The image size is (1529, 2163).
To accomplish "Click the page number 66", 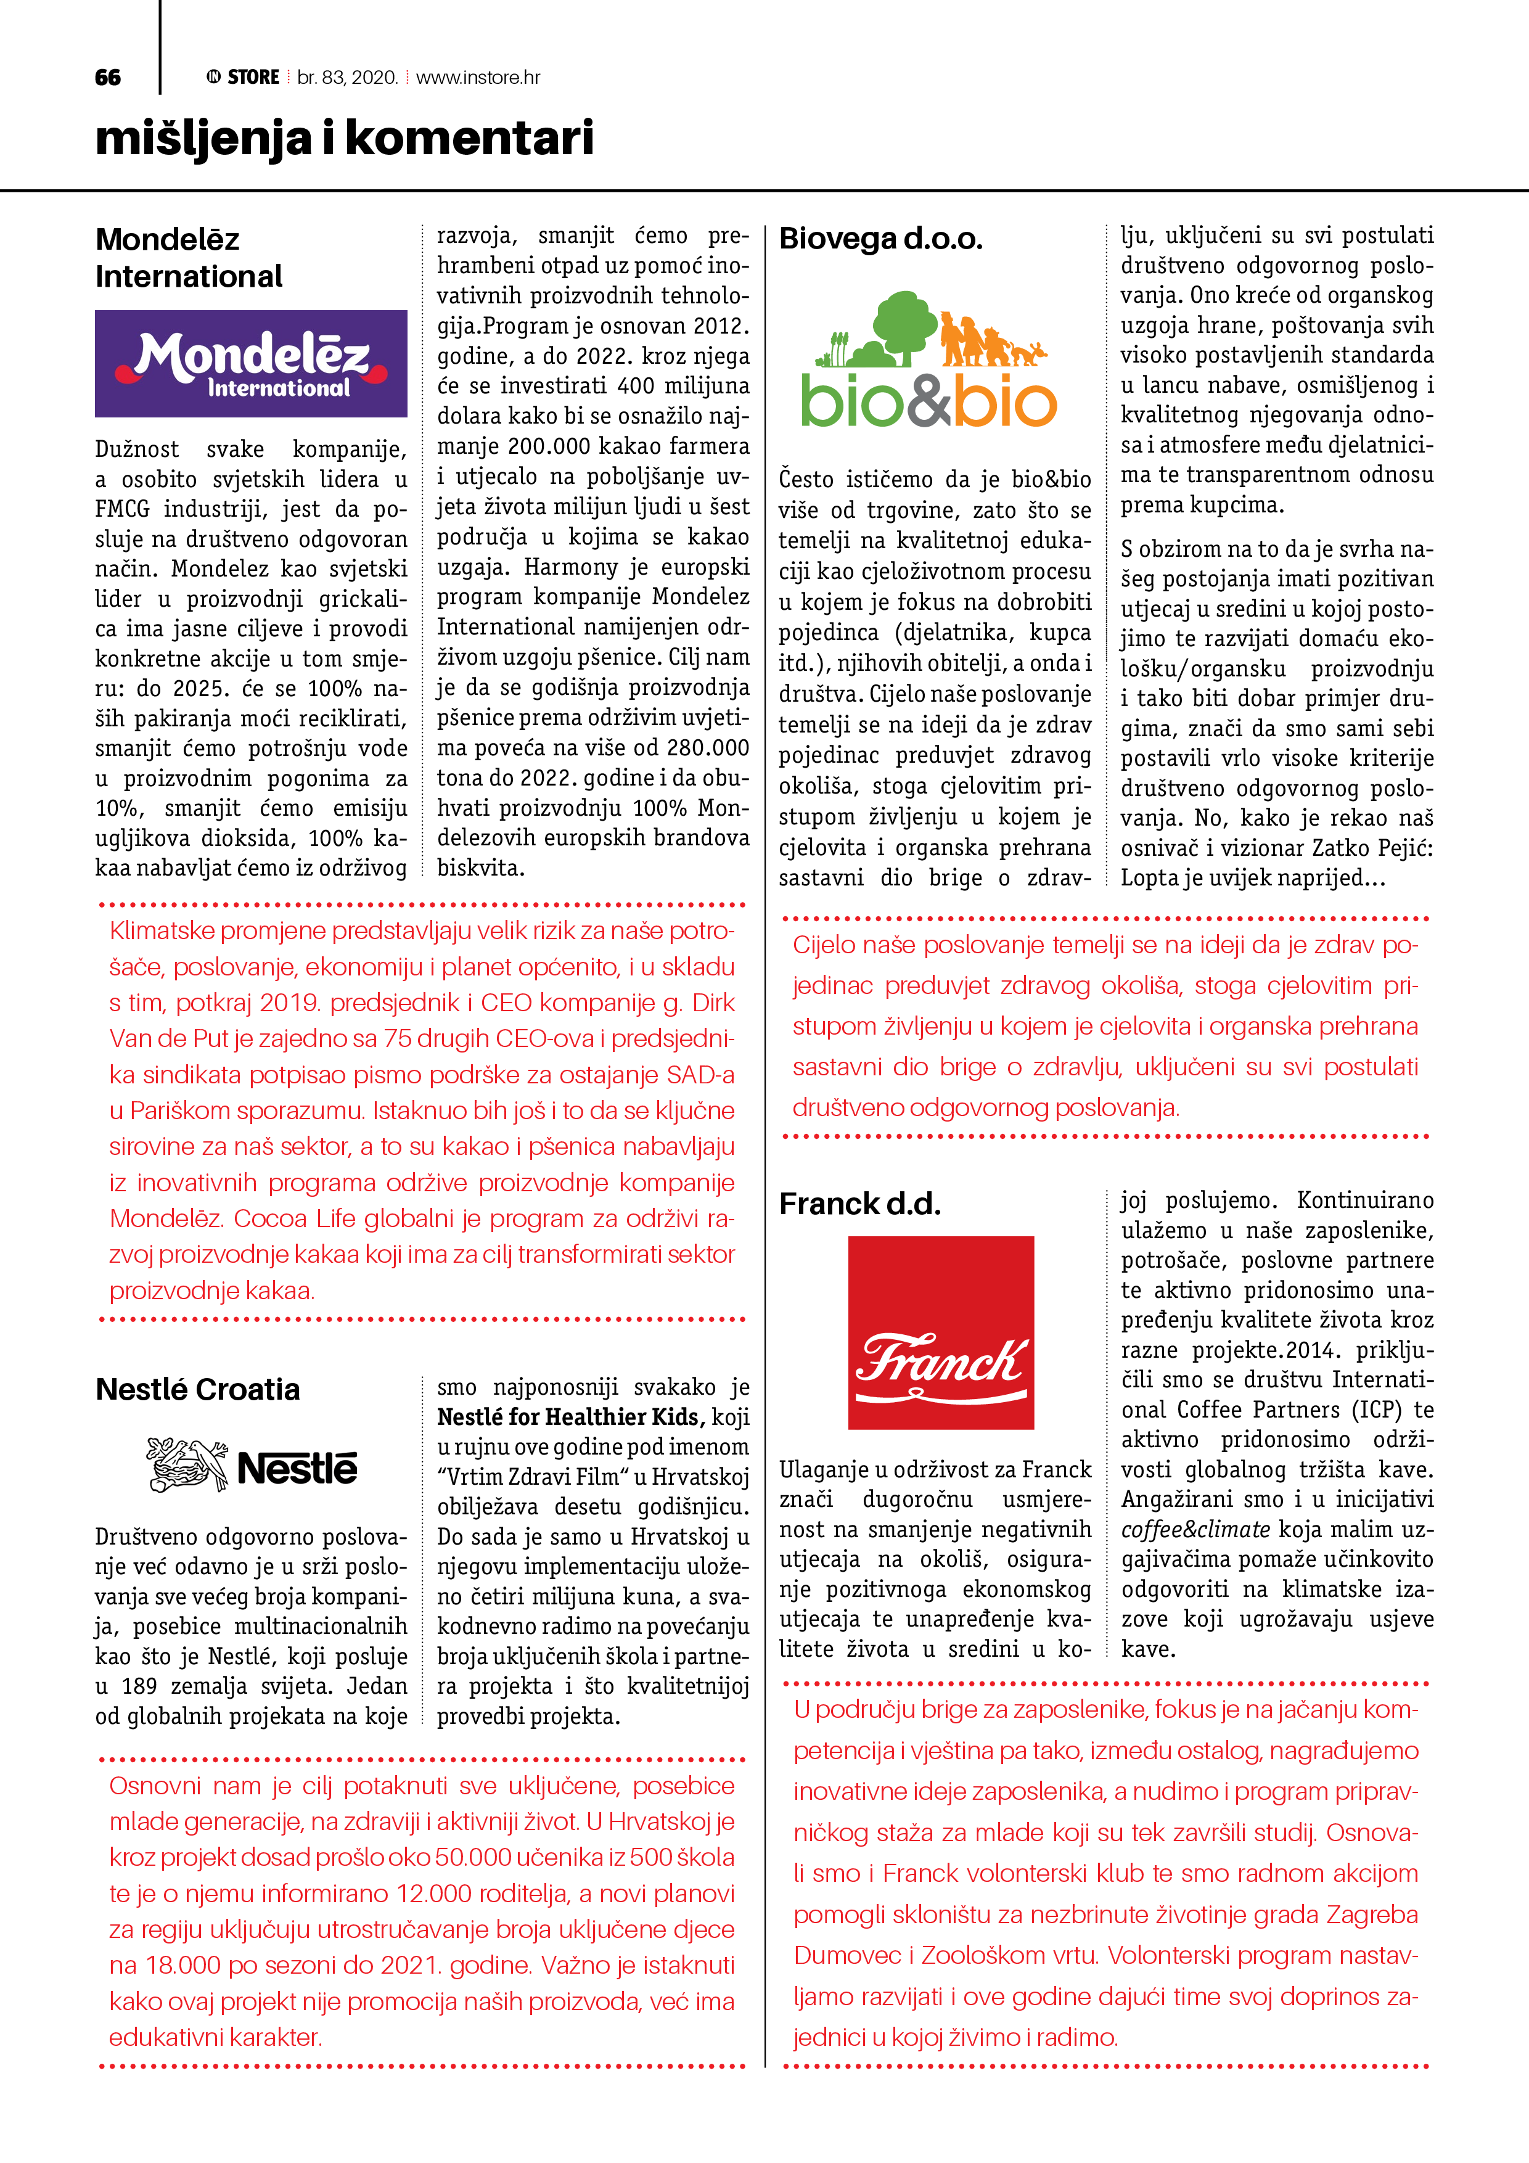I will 109,77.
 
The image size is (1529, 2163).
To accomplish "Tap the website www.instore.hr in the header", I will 478,77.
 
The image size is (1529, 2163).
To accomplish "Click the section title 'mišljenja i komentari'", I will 345,139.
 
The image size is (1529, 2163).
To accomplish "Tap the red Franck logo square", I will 940,1332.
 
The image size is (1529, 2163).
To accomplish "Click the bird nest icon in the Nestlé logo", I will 187,1465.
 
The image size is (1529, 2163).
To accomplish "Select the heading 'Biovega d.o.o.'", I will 881,239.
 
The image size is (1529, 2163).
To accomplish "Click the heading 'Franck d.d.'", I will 859,1204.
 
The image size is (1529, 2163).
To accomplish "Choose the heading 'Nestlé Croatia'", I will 198,1390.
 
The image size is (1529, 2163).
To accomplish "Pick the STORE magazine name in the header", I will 253,77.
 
